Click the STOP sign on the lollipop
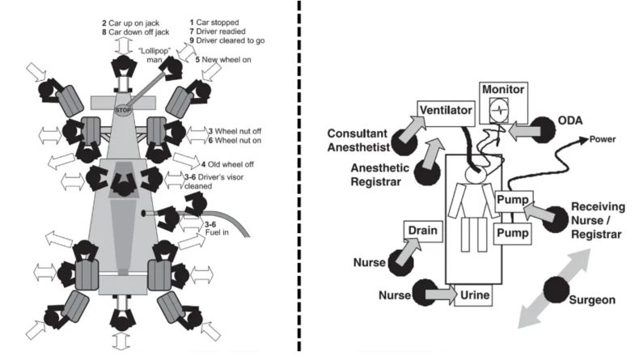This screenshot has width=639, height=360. (123, 110)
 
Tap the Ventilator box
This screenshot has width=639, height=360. (446, 113)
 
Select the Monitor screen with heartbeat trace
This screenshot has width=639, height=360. (500, 110)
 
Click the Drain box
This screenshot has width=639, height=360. (423, 231)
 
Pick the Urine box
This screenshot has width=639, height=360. (473, 295)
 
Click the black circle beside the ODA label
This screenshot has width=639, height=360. (544, 129)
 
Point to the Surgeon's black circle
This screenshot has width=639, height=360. (556, 290)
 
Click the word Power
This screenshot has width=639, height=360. (603, 139)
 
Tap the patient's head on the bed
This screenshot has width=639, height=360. (474, 175)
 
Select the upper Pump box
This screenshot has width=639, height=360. (514, 201)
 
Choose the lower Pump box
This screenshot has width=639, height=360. (513, 234)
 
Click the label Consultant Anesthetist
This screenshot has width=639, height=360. (358, 140)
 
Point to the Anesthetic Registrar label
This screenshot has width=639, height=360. (380, 175)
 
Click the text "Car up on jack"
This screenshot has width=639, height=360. (133, 23)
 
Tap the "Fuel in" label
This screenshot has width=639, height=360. (217, 232)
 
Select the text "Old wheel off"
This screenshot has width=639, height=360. (231, 164)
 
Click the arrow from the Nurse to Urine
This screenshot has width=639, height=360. (442, 294)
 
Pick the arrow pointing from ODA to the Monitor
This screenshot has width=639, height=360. (524, 131)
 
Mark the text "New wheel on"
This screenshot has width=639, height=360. (226, 60)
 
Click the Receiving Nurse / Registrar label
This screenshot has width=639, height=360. (598, 221)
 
